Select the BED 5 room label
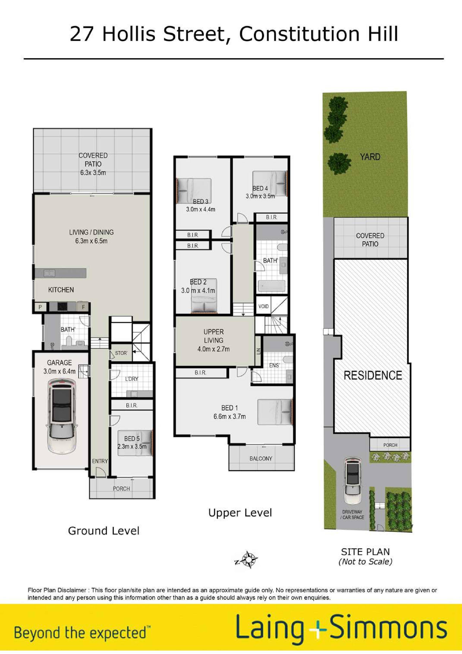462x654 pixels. pos(132,439)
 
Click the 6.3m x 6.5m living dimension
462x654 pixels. pos(91,241)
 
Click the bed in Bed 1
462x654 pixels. pos(274,412)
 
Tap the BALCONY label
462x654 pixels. pos(261,459)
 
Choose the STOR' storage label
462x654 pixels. pos(121,353)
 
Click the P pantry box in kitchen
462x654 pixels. pos(40,307)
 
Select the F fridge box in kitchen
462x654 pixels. pos(83,307)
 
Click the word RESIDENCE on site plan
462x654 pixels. pos(373,375)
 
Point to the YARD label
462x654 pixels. pos(370,157)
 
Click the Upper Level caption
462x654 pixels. pos(240,513)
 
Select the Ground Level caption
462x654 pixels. pos(104,531)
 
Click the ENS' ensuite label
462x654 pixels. pos(274,365)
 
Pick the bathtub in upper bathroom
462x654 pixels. pos(271,286)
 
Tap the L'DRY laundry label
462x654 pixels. pos(132,379)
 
